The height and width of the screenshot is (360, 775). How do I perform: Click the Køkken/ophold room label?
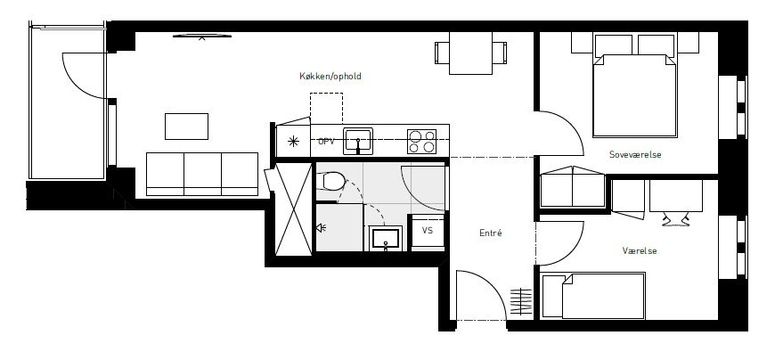pyautogui.click(x=330, y=76)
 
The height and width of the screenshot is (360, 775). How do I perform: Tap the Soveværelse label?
pyautogui.click(x=635, y=155)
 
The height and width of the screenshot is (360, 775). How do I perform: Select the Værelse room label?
pyautogui.click(x=640, y=251)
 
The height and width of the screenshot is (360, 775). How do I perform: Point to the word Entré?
pyautogui.click(x=491, y=233)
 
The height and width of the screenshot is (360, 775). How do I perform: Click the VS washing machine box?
pyautogui.click(x=428, y=232)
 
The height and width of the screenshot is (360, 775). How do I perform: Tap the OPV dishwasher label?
pyautogui.click(x=326, y=142)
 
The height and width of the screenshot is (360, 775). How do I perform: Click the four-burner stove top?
pyautogui.click(x=421, y=142)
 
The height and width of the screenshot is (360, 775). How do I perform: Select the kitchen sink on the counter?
pyautogui.click(x=358, y=140)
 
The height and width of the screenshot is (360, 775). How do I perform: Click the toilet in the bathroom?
pyautogui.click(x=330, y=181)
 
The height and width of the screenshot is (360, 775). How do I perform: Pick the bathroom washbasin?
pyautogui.click(x=386, y=238)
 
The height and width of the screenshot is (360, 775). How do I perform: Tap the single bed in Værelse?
pyautogui.click(x=592, y=296)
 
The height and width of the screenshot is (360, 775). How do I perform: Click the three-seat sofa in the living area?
pyautogui.click(x=202, y=175)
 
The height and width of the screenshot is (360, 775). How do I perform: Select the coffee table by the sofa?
pyautogui.click(x=186, y=127)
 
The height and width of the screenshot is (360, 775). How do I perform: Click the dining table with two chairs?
pyautogui.click(x=470, y=53)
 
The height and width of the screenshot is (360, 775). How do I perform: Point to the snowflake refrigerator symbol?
pyautogui.click(x=293, y=142)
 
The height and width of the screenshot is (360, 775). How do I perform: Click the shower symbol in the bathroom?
pyautogui.click(x=322, y=228)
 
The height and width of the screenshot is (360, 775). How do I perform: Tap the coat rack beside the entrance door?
pyautogui.click(x=521, y=301)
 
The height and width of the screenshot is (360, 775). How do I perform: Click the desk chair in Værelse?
pyautogui.click(x=675, y=220)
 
